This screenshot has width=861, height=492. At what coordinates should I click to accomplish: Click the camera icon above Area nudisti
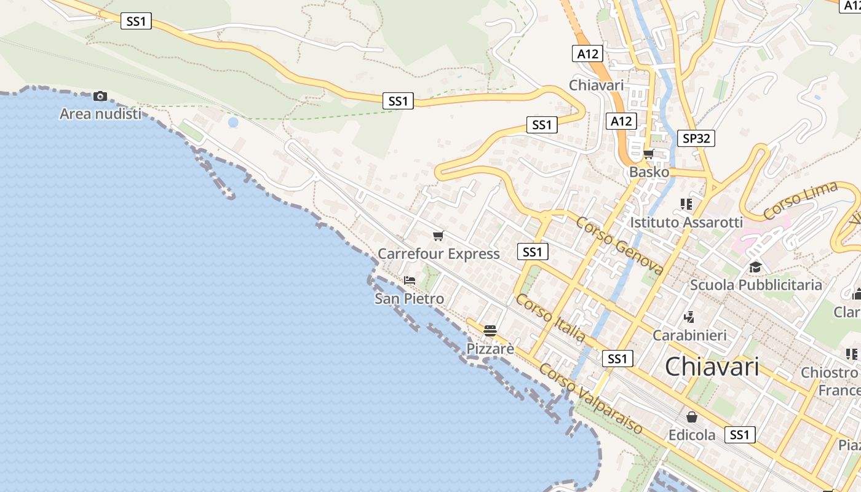(100, 96)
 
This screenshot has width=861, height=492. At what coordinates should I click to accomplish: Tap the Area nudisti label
(100, 114)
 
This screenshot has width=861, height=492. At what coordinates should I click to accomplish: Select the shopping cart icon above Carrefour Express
(438, 236)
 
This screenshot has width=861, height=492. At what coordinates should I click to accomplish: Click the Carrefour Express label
(438, 254)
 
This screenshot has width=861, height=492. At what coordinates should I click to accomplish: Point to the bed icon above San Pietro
(410, 280)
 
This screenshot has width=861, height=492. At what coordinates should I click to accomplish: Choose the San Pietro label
(410, 299)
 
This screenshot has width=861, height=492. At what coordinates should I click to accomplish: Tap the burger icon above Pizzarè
(490, 331)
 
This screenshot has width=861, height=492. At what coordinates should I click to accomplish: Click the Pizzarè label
(490, 349)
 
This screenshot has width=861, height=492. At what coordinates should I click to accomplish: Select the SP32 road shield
(696, 138)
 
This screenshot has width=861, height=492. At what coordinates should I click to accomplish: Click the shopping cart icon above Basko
(649, 154)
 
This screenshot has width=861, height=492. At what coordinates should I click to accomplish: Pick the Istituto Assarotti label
(686, 222)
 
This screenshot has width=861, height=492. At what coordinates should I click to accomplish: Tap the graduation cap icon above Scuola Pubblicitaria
(755, 267)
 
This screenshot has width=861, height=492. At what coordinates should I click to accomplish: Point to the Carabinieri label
(689, 335)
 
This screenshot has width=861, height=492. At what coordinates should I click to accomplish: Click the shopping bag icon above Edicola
(692, 417)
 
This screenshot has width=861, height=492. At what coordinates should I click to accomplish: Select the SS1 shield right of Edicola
(740, 435)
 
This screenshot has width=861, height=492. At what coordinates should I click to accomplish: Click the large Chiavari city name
(712, 367)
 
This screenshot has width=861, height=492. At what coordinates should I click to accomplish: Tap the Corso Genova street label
(619, 245)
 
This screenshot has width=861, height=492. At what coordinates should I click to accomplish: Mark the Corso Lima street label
(801, 200)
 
